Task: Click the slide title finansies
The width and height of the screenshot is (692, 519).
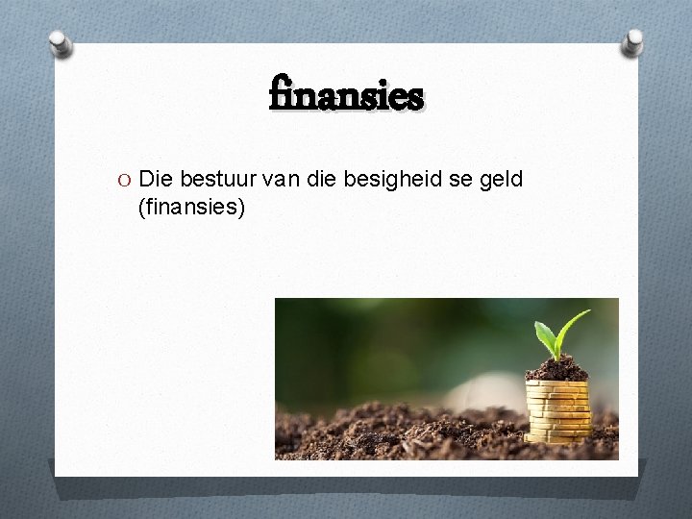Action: pyautogui.click(x=346, y=95)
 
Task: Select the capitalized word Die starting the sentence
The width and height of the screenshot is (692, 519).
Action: pyautogui.click(x=157, y=179)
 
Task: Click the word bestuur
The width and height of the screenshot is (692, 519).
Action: pyautogui.click(x=224, y=179)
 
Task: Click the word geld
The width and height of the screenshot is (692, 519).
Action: pyautogui.click(x=502, y=179)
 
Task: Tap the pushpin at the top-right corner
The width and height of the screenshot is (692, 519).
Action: pyautogui.click(x=632, y=41)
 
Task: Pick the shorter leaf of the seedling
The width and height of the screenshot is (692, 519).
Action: pyautogui.click(x=546, y=336)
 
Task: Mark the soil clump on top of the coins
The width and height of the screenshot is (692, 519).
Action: pyautogui.click(x=556, y=369)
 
